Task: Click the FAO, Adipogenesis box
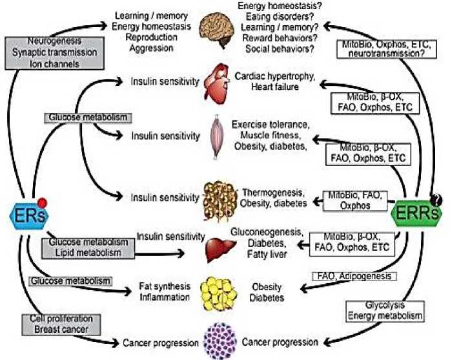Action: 355,277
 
